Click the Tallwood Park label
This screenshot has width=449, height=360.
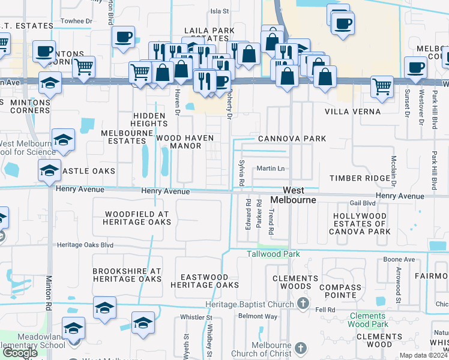[273, 254]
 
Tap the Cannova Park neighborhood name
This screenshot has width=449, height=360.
[292, 139]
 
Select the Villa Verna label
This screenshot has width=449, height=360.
[352, 112]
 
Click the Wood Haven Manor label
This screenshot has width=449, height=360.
[185, 142]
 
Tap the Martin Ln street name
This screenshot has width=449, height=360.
[270, 169]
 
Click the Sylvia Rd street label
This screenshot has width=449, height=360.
[241, 174]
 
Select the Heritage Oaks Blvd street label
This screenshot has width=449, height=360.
[85, 245]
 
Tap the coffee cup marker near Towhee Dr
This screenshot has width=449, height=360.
[123, 37]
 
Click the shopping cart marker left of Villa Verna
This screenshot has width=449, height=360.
[382, 86]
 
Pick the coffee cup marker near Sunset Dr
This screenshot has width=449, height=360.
[415, 67]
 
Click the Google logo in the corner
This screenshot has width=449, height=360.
[20, 353]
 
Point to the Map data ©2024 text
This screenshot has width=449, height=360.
[423, 355]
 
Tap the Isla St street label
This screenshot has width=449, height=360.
[219, 11]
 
